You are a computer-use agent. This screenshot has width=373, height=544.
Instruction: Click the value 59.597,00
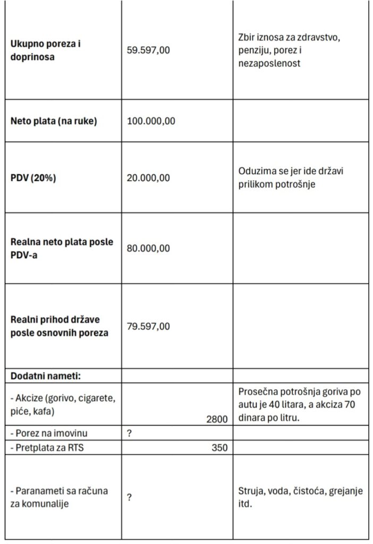point(149,50)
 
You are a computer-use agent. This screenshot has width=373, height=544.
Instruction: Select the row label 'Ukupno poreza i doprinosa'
point(46,50)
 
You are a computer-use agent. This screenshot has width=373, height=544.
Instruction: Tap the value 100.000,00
point(151,121)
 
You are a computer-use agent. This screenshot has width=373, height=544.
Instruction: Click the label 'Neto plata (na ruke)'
point(54,121)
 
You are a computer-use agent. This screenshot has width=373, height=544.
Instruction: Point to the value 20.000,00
point(149,178)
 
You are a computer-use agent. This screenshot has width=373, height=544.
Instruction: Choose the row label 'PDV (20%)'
point(33,178)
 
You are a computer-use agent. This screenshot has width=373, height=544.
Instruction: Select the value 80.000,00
point(149,248)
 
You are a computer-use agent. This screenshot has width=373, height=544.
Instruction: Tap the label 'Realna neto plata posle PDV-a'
point(62,248)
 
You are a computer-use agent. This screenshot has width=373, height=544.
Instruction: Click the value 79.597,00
point(149,326)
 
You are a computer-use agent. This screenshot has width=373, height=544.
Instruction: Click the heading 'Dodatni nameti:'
point(46,376)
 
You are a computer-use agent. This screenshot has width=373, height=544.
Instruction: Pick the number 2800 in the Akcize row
point(217,419)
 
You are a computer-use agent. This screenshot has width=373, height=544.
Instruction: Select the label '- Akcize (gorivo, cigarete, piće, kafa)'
point(63,405)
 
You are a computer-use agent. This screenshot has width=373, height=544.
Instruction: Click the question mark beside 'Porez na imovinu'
point(130,433)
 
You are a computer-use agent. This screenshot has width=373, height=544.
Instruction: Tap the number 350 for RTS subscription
point(219,447)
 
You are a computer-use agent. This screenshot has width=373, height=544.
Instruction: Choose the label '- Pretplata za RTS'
point(47,447)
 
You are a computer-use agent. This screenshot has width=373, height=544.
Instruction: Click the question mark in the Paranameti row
point(130,497)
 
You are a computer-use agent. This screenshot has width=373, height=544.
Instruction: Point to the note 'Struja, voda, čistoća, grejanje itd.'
point(301,497)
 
